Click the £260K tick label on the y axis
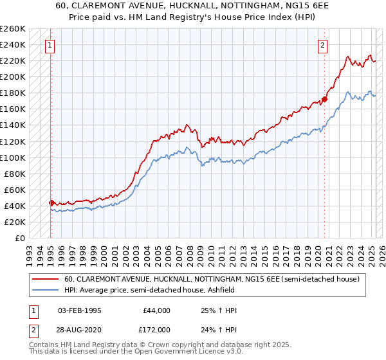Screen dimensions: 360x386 [13, 29]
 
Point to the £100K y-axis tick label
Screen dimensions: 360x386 [13, 157]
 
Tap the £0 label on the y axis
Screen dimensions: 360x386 [20, 238]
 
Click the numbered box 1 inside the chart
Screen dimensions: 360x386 [50, 45]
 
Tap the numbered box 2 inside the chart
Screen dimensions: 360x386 [322, 45]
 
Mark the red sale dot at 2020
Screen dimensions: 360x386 [324, 100]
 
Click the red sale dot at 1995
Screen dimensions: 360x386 [51, 203]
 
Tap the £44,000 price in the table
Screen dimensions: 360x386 [156, 310]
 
